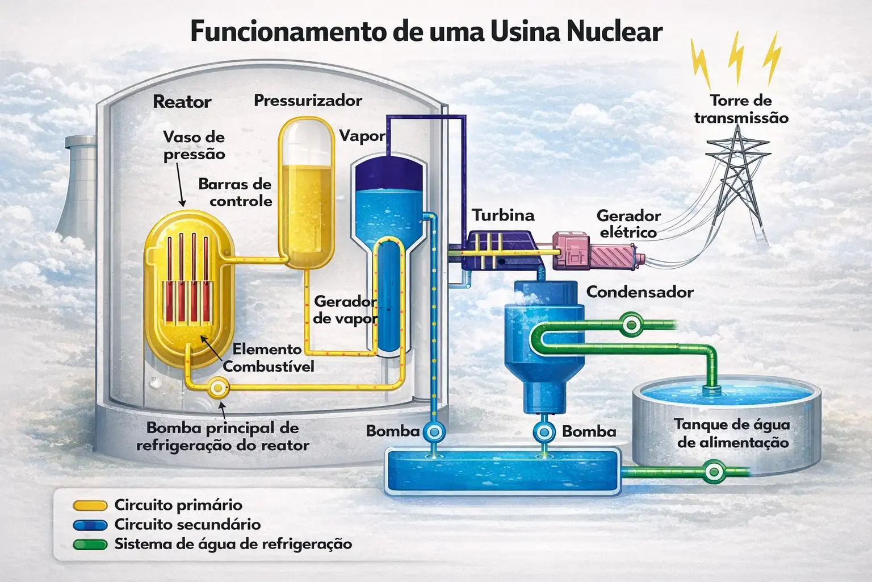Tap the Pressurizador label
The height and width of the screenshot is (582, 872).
(x=308, y=101)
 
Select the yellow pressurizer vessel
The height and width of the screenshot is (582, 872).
(x=307, y=193)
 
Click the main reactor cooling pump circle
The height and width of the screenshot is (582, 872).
(x=218, y=388)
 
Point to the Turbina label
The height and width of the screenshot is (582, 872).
(x=503, y=215)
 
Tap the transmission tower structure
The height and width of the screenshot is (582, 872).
(x=737, y=183)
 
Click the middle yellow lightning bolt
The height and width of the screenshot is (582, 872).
(x=736, y=59)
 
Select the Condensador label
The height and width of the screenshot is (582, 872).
(x=640, y=292)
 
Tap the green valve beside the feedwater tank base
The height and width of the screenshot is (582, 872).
(x=714, y=472)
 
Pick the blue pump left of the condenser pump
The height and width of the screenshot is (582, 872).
(x=434, y=432)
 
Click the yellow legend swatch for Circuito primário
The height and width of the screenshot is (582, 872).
(x=90, y=506)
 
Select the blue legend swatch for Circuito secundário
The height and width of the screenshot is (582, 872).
(x=90, y=525)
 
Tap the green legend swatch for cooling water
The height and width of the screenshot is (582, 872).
(x=90, y=544)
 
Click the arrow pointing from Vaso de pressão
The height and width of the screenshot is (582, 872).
(x=180, y=184)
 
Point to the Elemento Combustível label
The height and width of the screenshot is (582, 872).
(x=268, y=358)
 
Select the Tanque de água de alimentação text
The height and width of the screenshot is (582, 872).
(x=733, y=433)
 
